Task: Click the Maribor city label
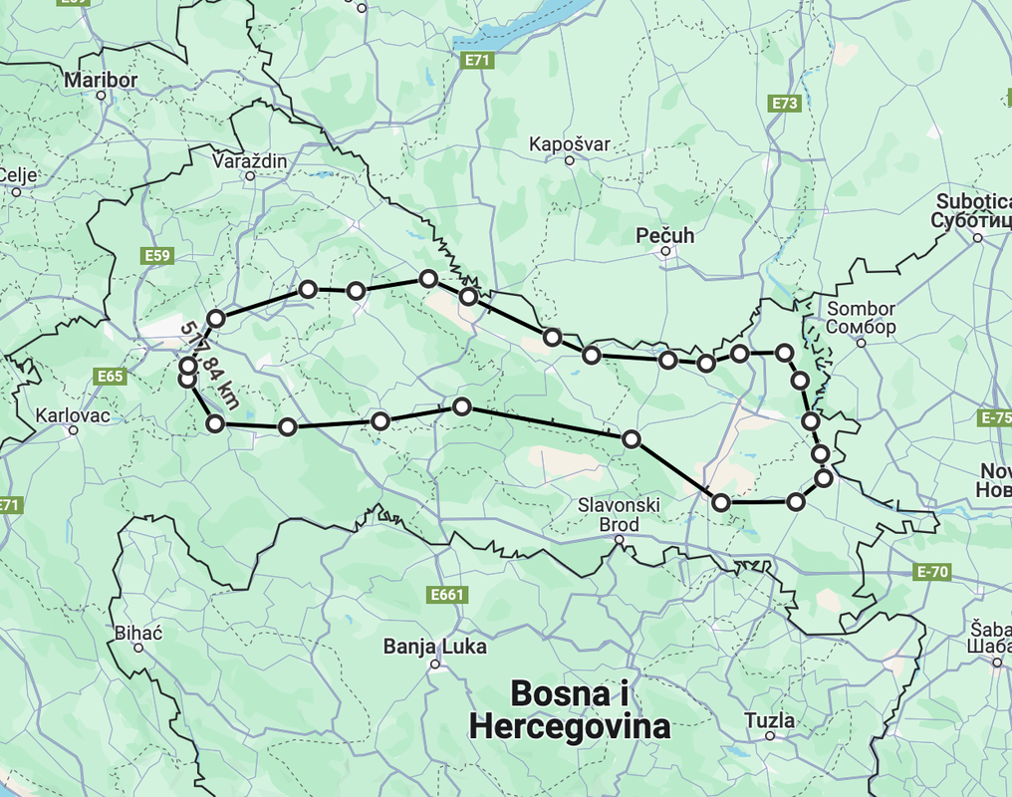coord(100,79)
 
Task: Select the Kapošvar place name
coord(569,144)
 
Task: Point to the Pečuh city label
coord(665,236)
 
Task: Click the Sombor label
coord(861,318)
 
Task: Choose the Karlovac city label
coord(73,414)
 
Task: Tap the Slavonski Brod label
coord(619,515)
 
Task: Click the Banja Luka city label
coord(435,648)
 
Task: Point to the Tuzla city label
coord(770,720)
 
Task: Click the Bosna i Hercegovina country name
coord(569,710)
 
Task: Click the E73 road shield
coord(785,103)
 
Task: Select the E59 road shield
coord(158,256)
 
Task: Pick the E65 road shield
coord(112,376)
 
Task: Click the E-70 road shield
coord(932,572)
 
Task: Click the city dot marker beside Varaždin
coord(250,176)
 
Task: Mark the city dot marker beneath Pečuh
coord(665,252)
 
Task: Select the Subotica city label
coord(972,210)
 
